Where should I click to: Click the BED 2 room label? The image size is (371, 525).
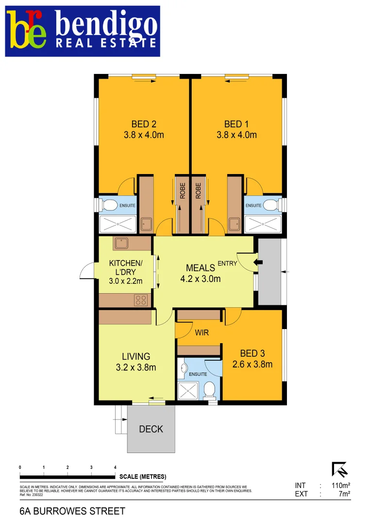[143, 124]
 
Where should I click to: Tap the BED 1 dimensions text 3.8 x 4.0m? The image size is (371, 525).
[236, 135]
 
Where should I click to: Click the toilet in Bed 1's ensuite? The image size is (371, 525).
[272, 205]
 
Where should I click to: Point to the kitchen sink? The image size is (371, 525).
[120, 242]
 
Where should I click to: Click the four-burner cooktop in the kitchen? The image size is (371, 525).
[141, 300]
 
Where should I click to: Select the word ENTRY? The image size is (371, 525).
[227, 263]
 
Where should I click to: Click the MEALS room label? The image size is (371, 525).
[201, 268]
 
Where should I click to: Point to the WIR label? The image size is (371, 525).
[202, 333]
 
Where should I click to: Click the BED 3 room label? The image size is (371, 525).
[253, 353]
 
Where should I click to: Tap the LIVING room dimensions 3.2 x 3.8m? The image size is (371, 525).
[135, 367]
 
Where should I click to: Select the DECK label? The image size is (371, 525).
[151, 429]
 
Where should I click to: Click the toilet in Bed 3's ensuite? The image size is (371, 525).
[209, 389]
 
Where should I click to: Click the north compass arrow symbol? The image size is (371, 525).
[339, 469]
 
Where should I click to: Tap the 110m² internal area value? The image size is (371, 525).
[341, 485]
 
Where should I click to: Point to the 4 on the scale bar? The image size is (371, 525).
[115, 467]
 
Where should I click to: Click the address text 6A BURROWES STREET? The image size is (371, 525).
[72, 511]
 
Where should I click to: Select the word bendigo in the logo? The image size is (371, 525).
[106, 24]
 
